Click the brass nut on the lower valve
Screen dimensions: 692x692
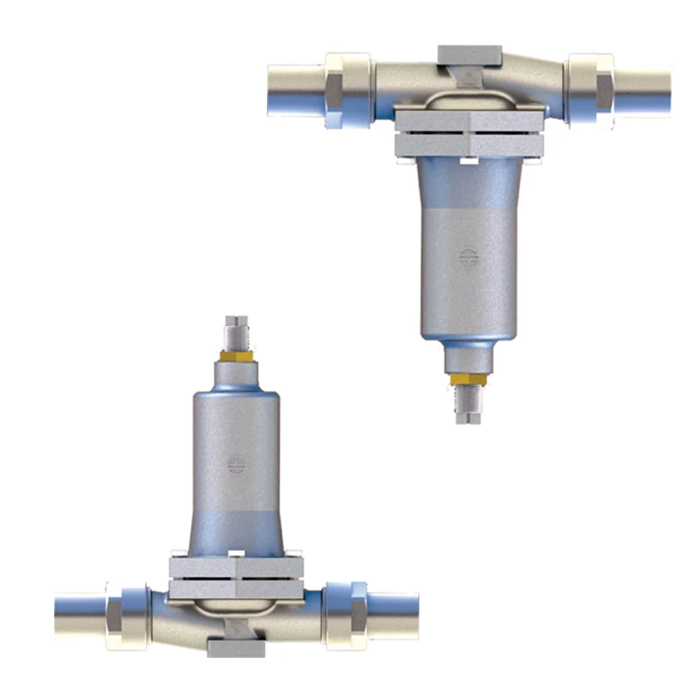click(x=236, y=356)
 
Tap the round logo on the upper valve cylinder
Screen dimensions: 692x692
click(x=468, y=257)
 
